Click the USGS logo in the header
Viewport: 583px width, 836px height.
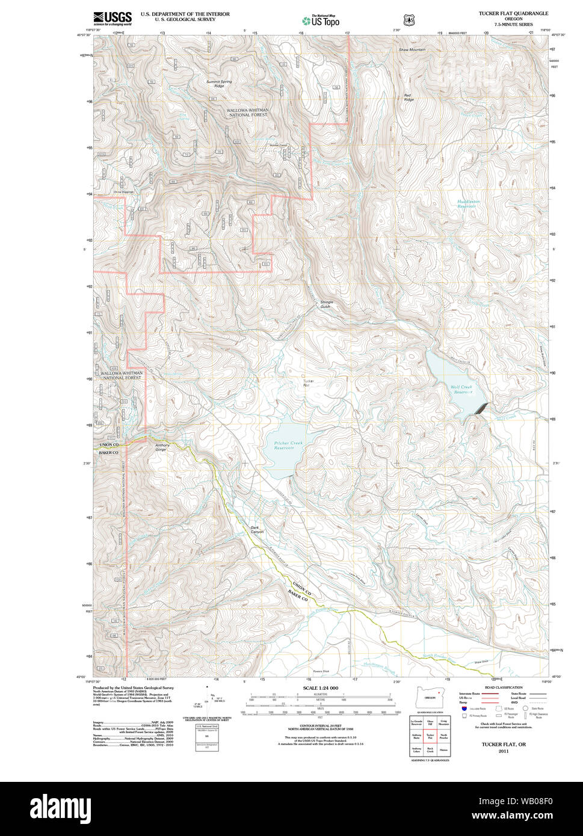click(x=113, y=17)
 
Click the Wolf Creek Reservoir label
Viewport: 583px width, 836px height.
click(x=461, y=389)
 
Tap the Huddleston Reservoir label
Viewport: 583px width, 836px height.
click(x=467, y=204)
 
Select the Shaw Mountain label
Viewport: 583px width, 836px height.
click(x=412, y=50)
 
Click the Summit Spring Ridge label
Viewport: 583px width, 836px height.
click(x=218, y=84)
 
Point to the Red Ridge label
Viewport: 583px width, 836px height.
click(x=409, y=97)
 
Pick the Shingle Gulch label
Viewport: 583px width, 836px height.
click(x=327, y=304)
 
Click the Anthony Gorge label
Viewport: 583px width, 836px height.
click(x=154, y=447)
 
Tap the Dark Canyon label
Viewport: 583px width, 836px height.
click(x=257, y=530)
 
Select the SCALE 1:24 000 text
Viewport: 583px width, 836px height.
click(x=321, y=688)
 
